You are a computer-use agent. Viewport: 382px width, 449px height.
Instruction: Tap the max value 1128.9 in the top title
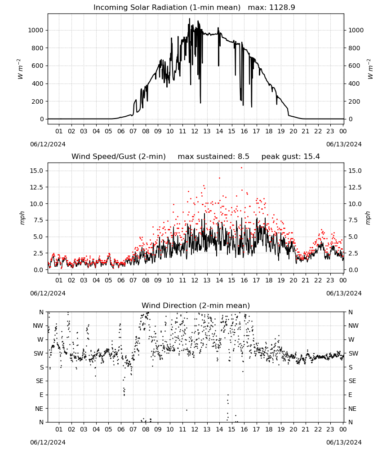282,7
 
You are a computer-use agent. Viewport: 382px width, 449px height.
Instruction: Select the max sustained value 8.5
243,156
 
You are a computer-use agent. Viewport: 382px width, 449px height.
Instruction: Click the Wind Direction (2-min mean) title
196,305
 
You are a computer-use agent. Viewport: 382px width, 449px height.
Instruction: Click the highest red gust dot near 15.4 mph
242,168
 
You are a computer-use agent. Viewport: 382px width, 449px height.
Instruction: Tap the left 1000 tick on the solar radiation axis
36,30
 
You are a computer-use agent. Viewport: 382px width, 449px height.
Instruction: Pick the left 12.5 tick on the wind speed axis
37,187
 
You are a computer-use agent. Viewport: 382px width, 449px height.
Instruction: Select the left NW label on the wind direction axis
38,326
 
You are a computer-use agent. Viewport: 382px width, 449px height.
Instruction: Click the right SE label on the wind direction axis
352,381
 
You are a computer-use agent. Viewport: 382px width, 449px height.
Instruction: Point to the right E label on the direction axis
350,395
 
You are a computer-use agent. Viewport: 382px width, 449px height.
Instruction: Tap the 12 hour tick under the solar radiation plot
195,131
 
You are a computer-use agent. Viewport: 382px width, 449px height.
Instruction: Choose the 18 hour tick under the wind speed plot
269,280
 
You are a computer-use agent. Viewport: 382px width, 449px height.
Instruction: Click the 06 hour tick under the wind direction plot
120,429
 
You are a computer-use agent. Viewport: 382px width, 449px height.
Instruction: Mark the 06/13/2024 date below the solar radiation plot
344,144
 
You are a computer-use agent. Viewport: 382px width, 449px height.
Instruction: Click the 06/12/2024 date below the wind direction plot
48,442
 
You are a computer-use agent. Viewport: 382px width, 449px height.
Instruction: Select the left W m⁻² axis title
20,69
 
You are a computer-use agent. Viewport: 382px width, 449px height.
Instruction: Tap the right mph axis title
368,218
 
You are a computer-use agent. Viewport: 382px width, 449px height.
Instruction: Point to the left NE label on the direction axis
39,409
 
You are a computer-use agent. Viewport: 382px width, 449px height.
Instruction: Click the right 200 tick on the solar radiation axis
354,101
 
